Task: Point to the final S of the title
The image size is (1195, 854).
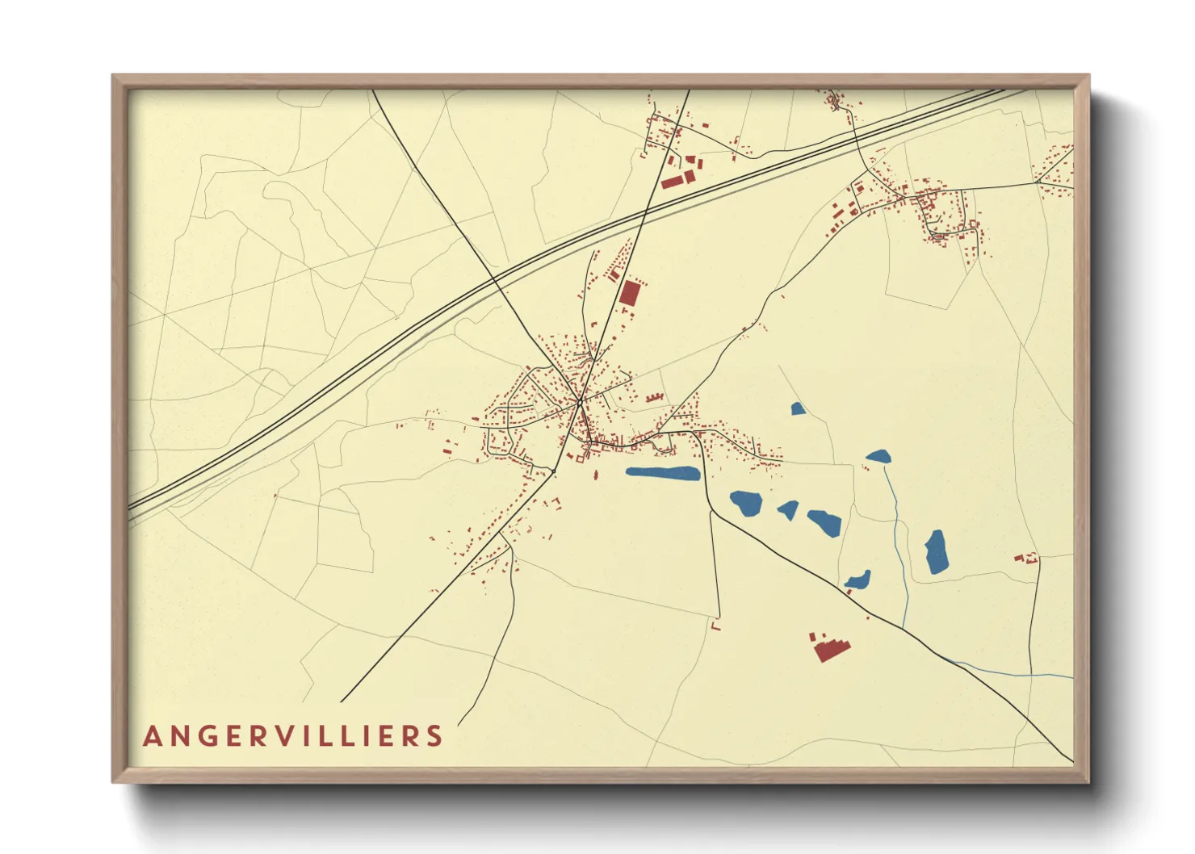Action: (x=436, y=736)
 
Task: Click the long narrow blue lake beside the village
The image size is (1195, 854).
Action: (x=662, y=473)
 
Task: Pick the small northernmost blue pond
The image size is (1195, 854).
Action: (x=798, y=409)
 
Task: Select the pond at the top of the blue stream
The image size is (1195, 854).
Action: (x=878, y=457)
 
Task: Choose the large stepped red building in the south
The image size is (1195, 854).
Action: (x=830, y=648)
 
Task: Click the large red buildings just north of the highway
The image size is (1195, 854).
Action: (x=677, y=180)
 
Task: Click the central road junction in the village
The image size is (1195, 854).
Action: (x=579, y=400)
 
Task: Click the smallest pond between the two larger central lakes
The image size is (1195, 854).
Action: (x=789, y=510)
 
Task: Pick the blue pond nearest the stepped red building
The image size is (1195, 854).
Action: (x=857, y=580)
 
